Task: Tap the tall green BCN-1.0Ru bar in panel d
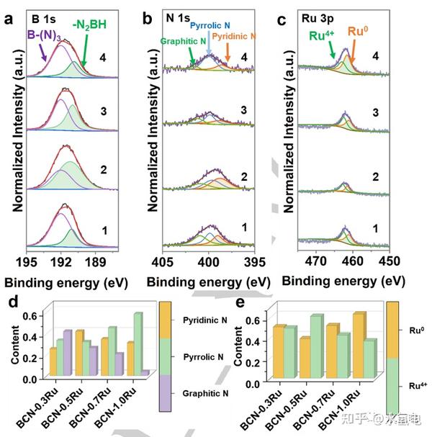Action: click(138, 343)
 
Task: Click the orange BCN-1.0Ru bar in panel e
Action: click(358, 346)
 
